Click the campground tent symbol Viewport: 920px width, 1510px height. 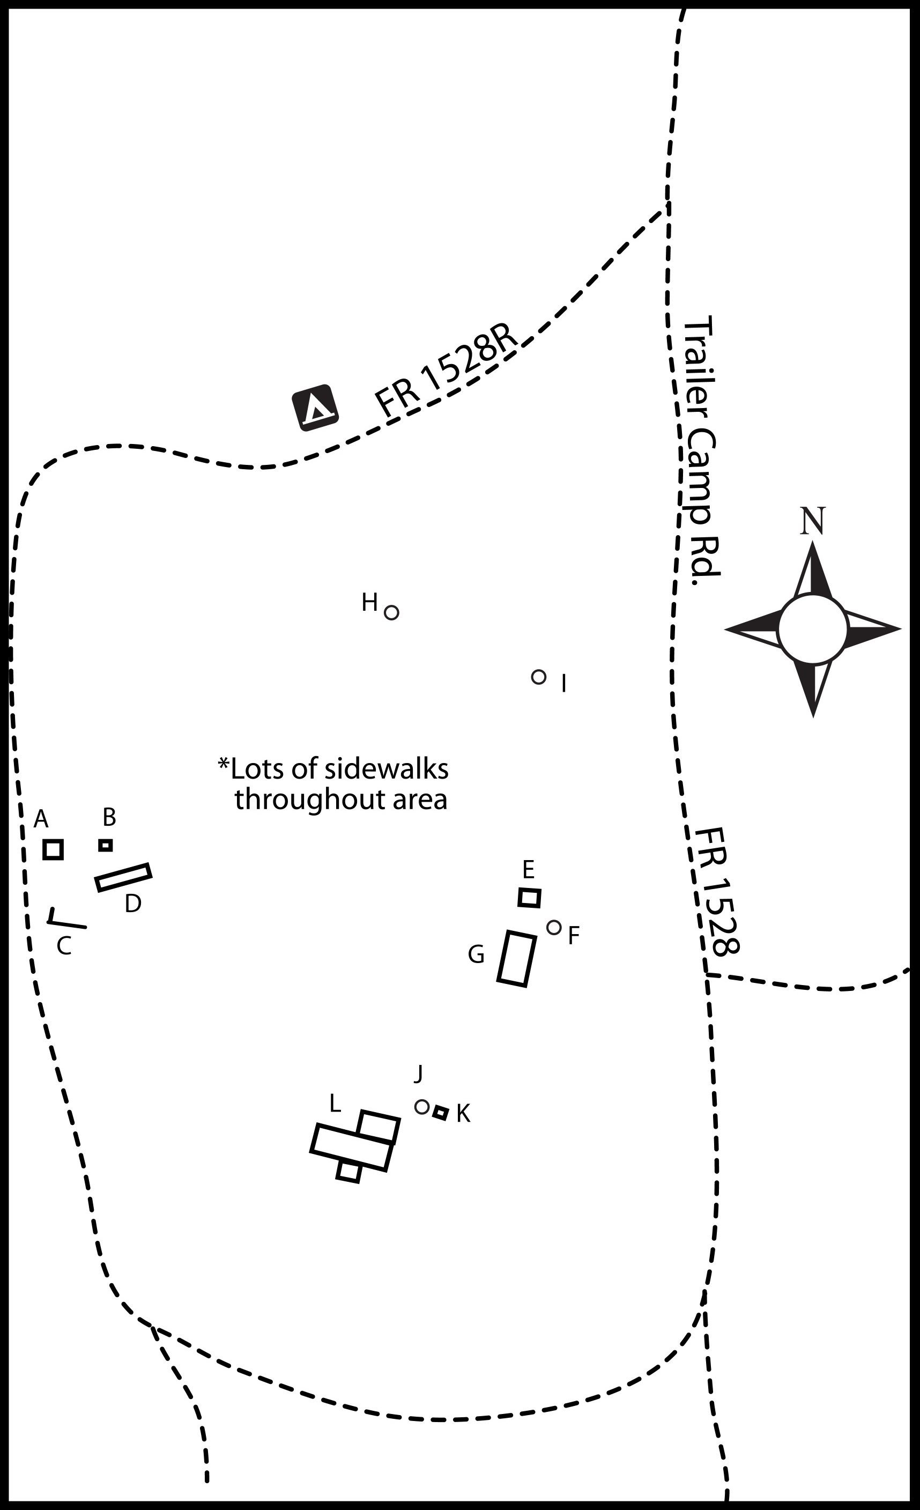point(315,408)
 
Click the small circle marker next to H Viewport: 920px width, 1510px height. point(391,612)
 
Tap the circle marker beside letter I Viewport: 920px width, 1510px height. point(538,677)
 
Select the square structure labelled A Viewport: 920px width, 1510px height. point(53,849)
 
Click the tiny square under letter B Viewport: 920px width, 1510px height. point(106,845)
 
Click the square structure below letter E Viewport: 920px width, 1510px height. point(529,898)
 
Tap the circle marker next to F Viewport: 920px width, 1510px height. point(554,927)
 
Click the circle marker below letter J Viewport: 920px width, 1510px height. point(421,1107)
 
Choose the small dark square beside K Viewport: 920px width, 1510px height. point(440,1112)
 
